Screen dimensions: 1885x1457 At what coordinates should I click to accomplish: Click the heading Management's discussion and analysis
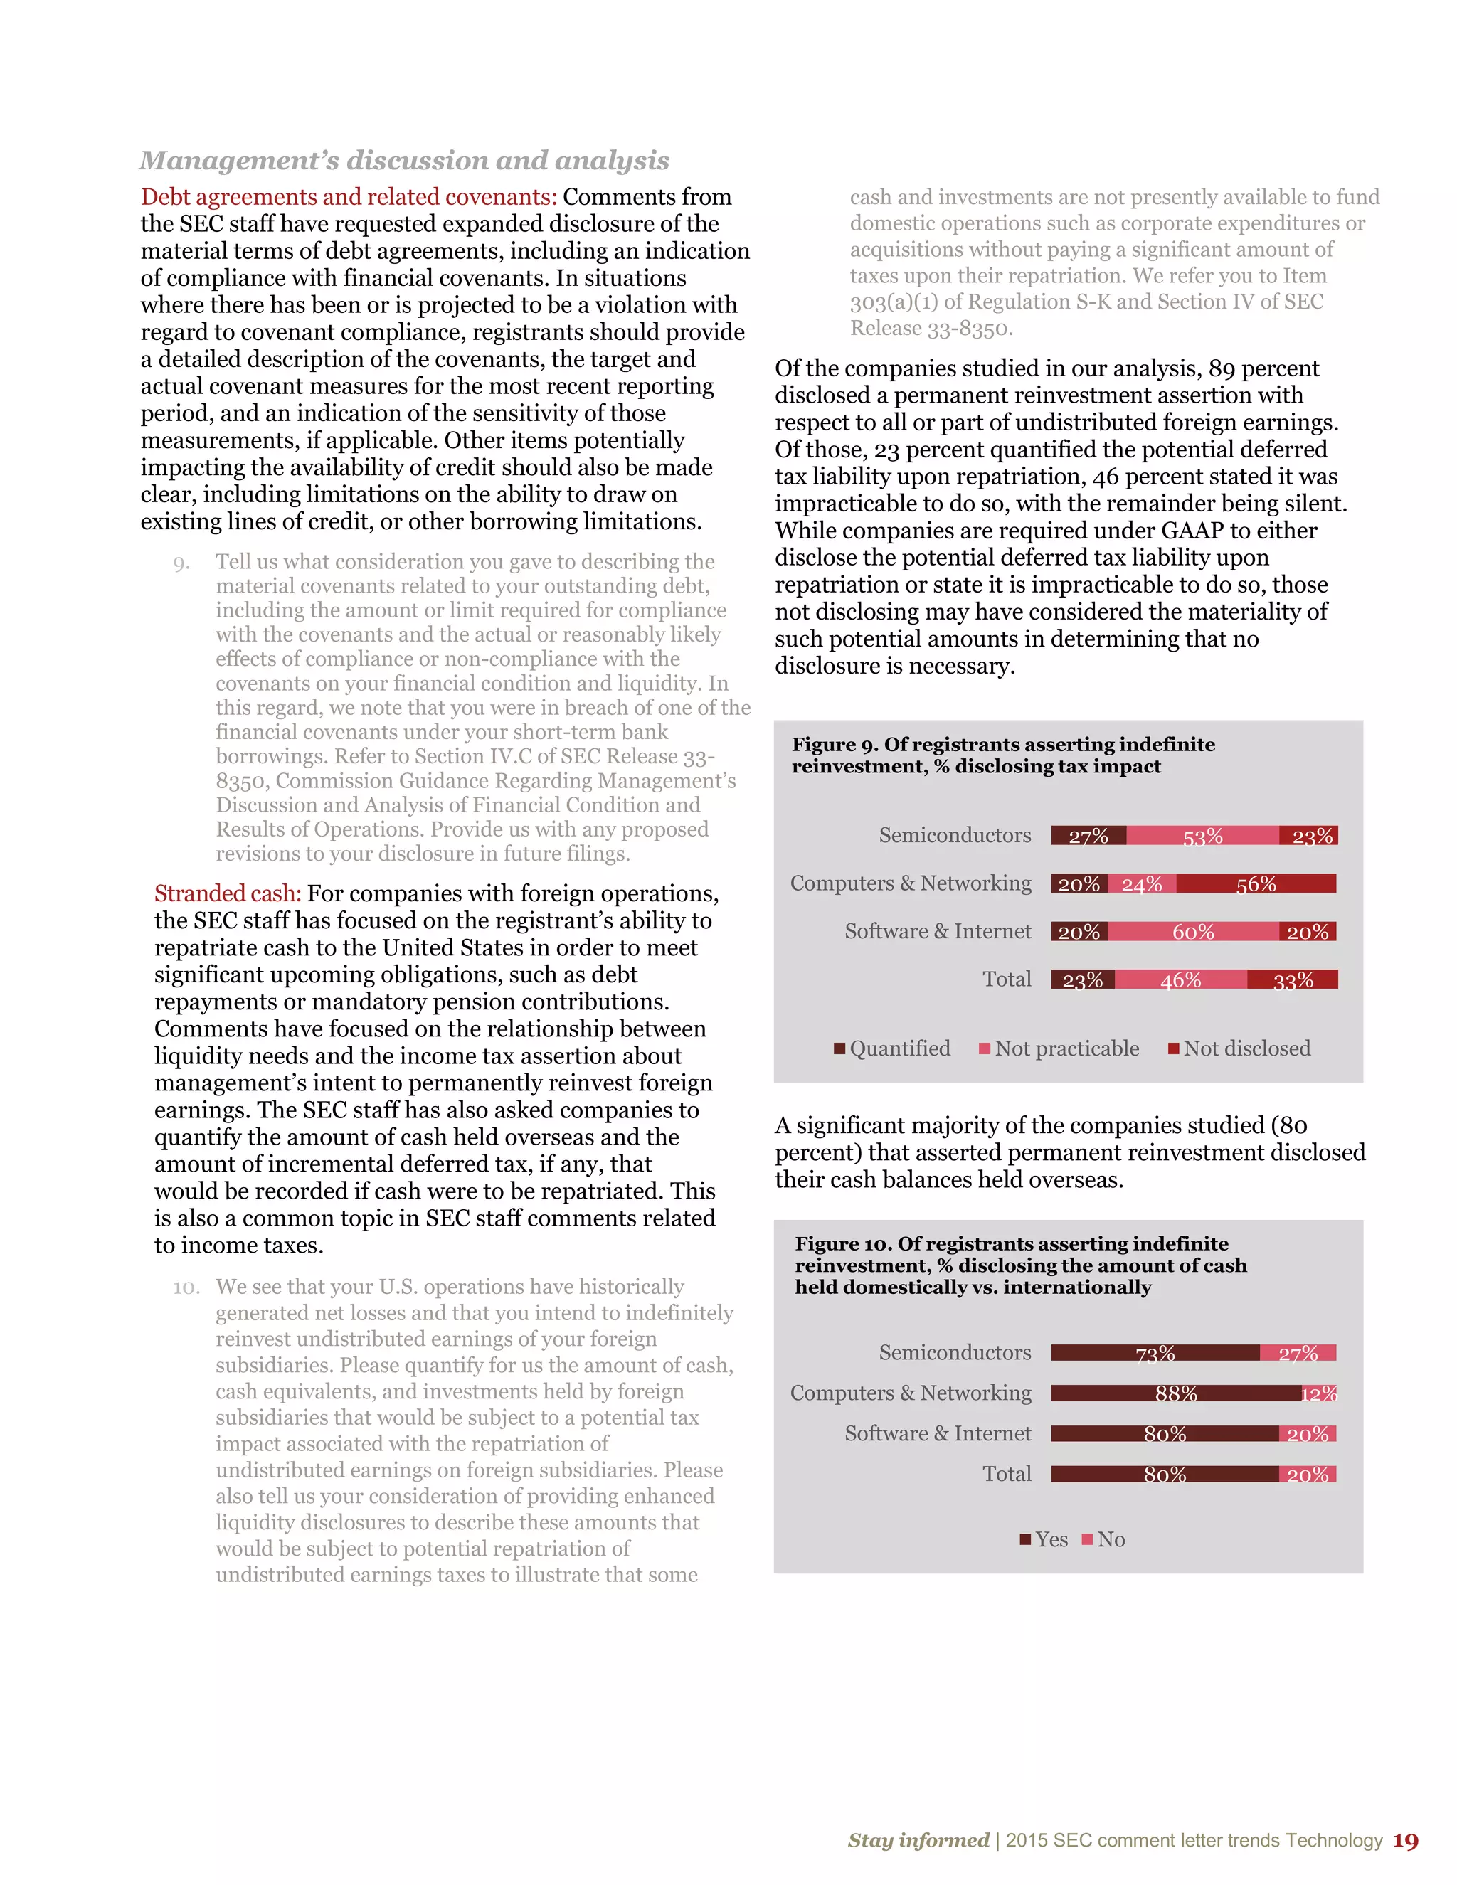(x=404, y=161)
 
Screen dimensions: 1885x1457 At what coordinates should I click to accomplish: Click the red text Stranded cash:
(x=227, y=893)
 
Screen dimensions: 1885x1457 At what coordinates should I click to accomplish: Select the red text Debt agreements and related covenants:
(x=349, y=198)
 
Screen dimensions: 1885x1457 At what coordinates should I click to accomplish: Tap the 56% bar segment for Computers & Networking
(x=1256, y=883)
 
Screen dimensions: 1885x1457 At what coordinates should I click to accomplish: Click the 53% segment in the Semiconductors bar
(x=1202, y=836)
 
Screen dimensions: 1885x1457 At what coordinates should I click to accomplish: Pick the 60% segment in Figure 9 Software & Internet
(x=1193, y=932)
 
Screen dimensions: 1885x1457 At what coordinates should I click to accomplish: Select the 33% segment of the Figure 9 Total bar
(x=1292, y=979)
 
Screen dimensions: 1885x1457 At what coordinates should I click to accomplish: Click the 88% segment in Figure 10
(x=1175, y=1393)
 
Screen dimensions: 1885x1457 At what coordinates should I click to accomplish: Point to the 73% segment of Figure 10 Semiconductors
(x=1155, y=1352)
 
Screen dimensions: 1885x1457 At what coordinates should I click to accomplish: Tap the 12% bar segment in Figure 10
(x=1319, y=1393)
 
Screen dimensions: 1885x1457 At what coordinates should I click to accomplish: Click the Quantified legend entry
(x=893, y=1048)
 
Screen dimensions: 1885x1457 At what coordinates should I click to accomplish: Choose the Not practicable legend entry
(x=1059, y=1048)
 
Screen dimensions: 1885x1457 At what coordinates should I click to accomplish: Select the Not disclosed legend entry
(x=1239, y=1048)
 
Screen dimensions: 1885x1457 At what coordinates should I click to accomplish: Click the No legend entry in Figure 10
(x=1104, y=1540)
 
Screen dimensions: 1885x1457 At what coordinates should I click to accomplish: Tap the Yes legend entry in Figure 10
(x=1044, y=1540)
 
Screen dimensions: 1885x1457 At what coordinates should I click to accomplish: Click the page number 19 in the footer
(x=1405, y=1841)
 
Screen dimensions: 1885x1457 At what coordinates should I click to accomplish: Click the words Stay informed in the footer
(x=918, y=1841)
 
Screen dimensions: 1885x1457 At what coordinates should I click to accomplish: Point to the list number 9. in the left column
(x=181, y=563)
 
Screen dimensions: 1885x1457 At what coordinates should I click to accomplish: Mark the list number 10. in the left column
(x=186, y=1287)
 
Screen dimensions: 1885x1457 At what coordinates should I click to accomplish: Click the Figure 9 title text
(x=1003, y=755)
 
